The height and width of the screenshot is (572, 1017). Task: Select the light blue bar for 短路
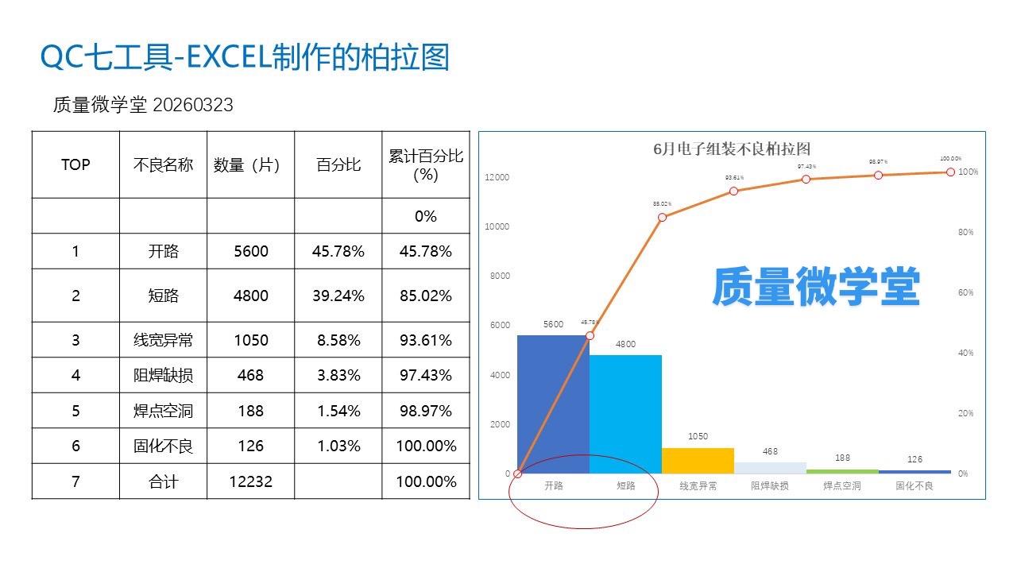[x=625, y=414]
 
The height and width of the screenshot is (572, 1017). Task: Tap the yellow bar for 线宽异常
[x=698, y=461]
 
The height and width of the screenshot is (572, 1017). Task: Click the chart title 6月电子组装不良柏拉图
[x=731, y=149]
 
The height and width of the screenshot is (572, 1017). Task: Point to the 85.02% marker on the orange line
[x=662, y=217]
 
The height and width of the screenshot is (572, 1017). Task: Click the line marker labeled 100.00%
[x=950, y=172]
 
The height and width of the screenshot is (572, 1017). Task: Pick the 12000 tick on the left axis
[x=497, y=177]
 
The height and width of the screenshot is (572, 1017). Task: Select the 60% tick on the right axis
[x=965, y=292]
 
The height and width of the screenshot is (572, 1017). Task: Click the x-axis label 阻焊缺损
[x=770, y=485]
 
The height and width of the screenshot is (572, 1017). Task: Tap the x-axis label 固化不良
[x=915, y=485]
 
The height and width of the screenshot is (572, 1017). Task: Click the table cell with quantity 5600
[x=251, y=251]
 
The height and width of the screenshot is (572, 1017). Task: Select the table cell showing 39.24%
[x=338, y=296]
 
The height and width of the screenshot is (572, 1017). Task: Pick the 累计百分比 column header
[x=426, y=164]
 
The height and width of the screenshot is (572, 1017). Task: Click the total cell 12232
[x=251, y=481]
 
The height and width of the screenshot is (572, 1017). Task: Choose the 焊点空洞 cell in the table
[x=164, y=411]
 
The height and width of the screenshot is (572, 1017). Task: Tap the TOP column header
[x=75, y=164]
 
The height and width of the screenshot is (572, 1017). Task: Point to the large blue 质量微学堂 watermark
[x=815, y=288]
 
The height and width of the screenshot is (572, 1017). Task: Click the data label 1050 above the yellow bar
[x=698, y=436]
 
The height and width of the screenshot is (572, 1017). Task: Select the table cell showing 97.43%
[x=426, y=375]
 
